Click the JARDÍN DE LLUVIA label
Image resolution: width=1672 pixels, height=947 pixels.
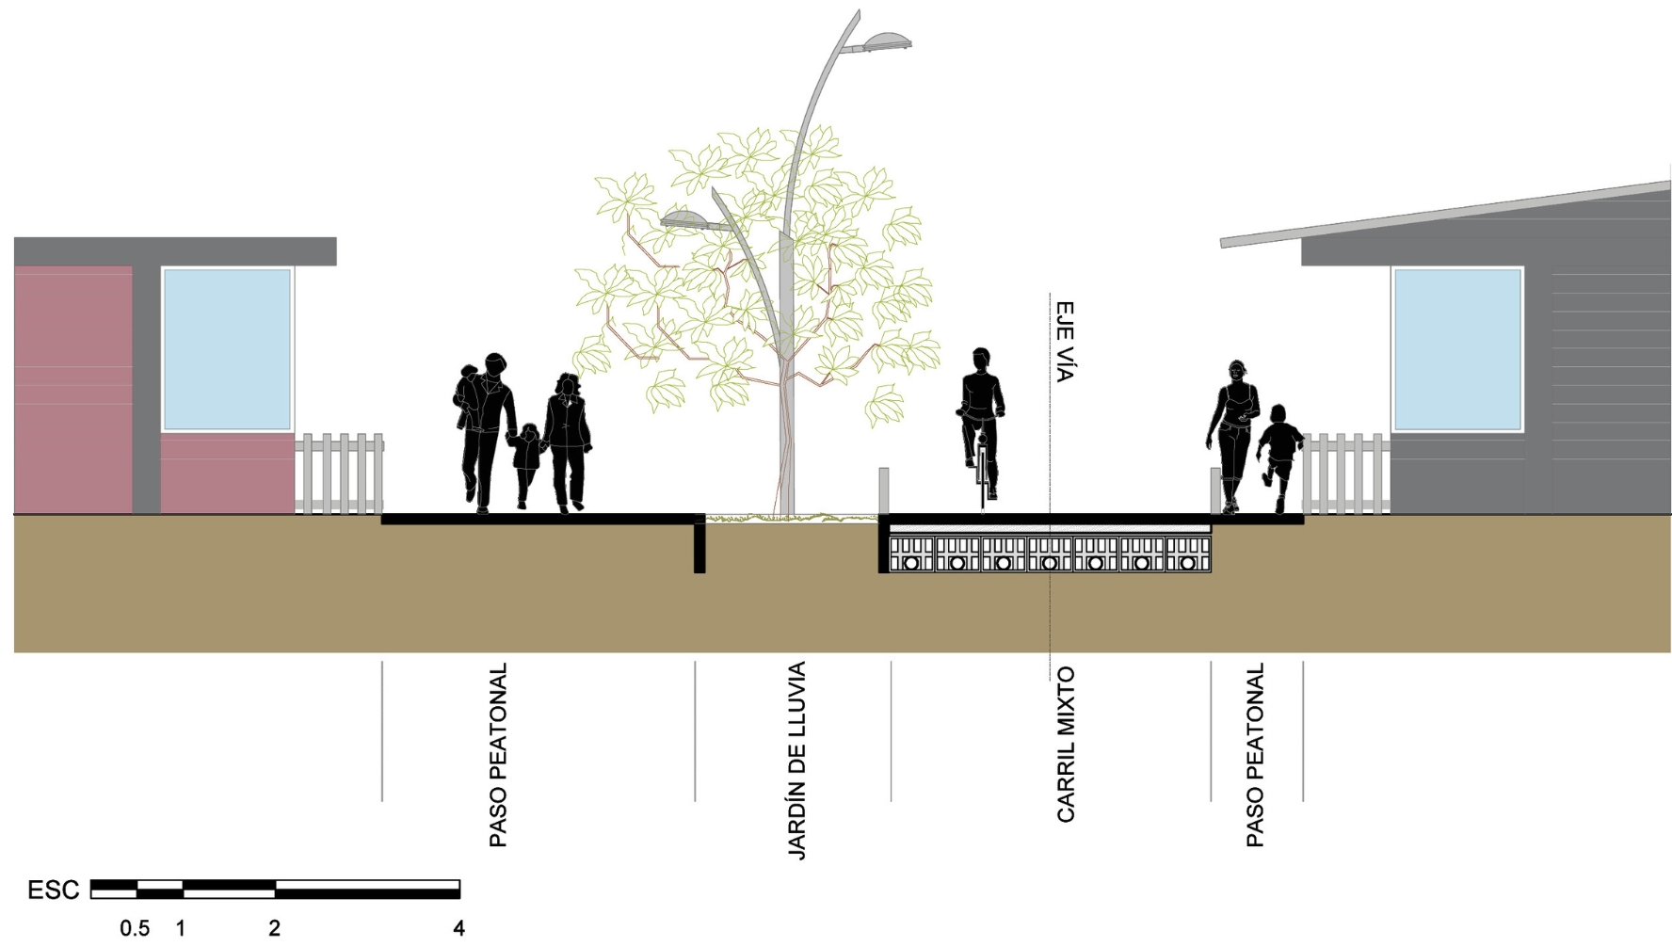pyautogui.click(x=796, y=761)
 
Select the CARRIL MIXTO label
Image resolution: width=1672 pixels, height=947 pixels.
pyautogui.click(x=1065, y=745)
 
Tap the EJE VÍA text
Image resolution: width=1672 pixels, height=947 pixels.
pyautogui.click(x=1064, y=342)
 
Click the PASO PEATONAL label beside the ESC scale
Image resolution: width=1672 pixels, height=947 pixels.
pyautogui.click(x=498, y=755)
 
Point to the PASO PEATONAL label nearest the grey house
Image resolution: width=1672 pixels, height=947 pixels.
pyautogui.click(x=1255, y=755)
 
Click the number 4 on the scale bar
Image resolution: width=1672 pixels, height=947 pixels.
pyautogui.click(x=458, y=928)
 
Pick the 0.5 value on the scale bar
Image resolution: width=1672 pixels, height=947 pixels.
pyautogui.click(x=135, y=928)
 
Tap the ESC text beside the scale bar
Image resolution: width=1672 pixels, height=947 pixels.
pyautogui.click(x=53, y=891)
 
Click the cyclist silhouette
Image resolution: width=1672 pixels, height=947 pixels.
pyautogui.click(x=981, y=424)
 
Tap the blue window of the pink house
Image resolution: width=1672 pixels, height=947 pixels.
pyautogui.click(x=227, y=349)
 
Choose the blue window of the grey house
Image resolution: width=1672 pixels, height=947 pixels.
pyautogui.click(x=1456, y=349)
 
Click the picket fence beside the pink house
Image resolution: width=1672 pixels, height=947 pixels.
pyautogui.click(x=339, y=473)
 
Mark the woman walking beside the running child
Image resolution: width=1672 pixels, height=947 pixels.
pyautogui.click(x=1233, y=433)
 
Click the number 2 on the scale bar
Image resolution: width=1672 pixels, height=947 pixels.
pyautogui.click(x=274, y=928)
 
